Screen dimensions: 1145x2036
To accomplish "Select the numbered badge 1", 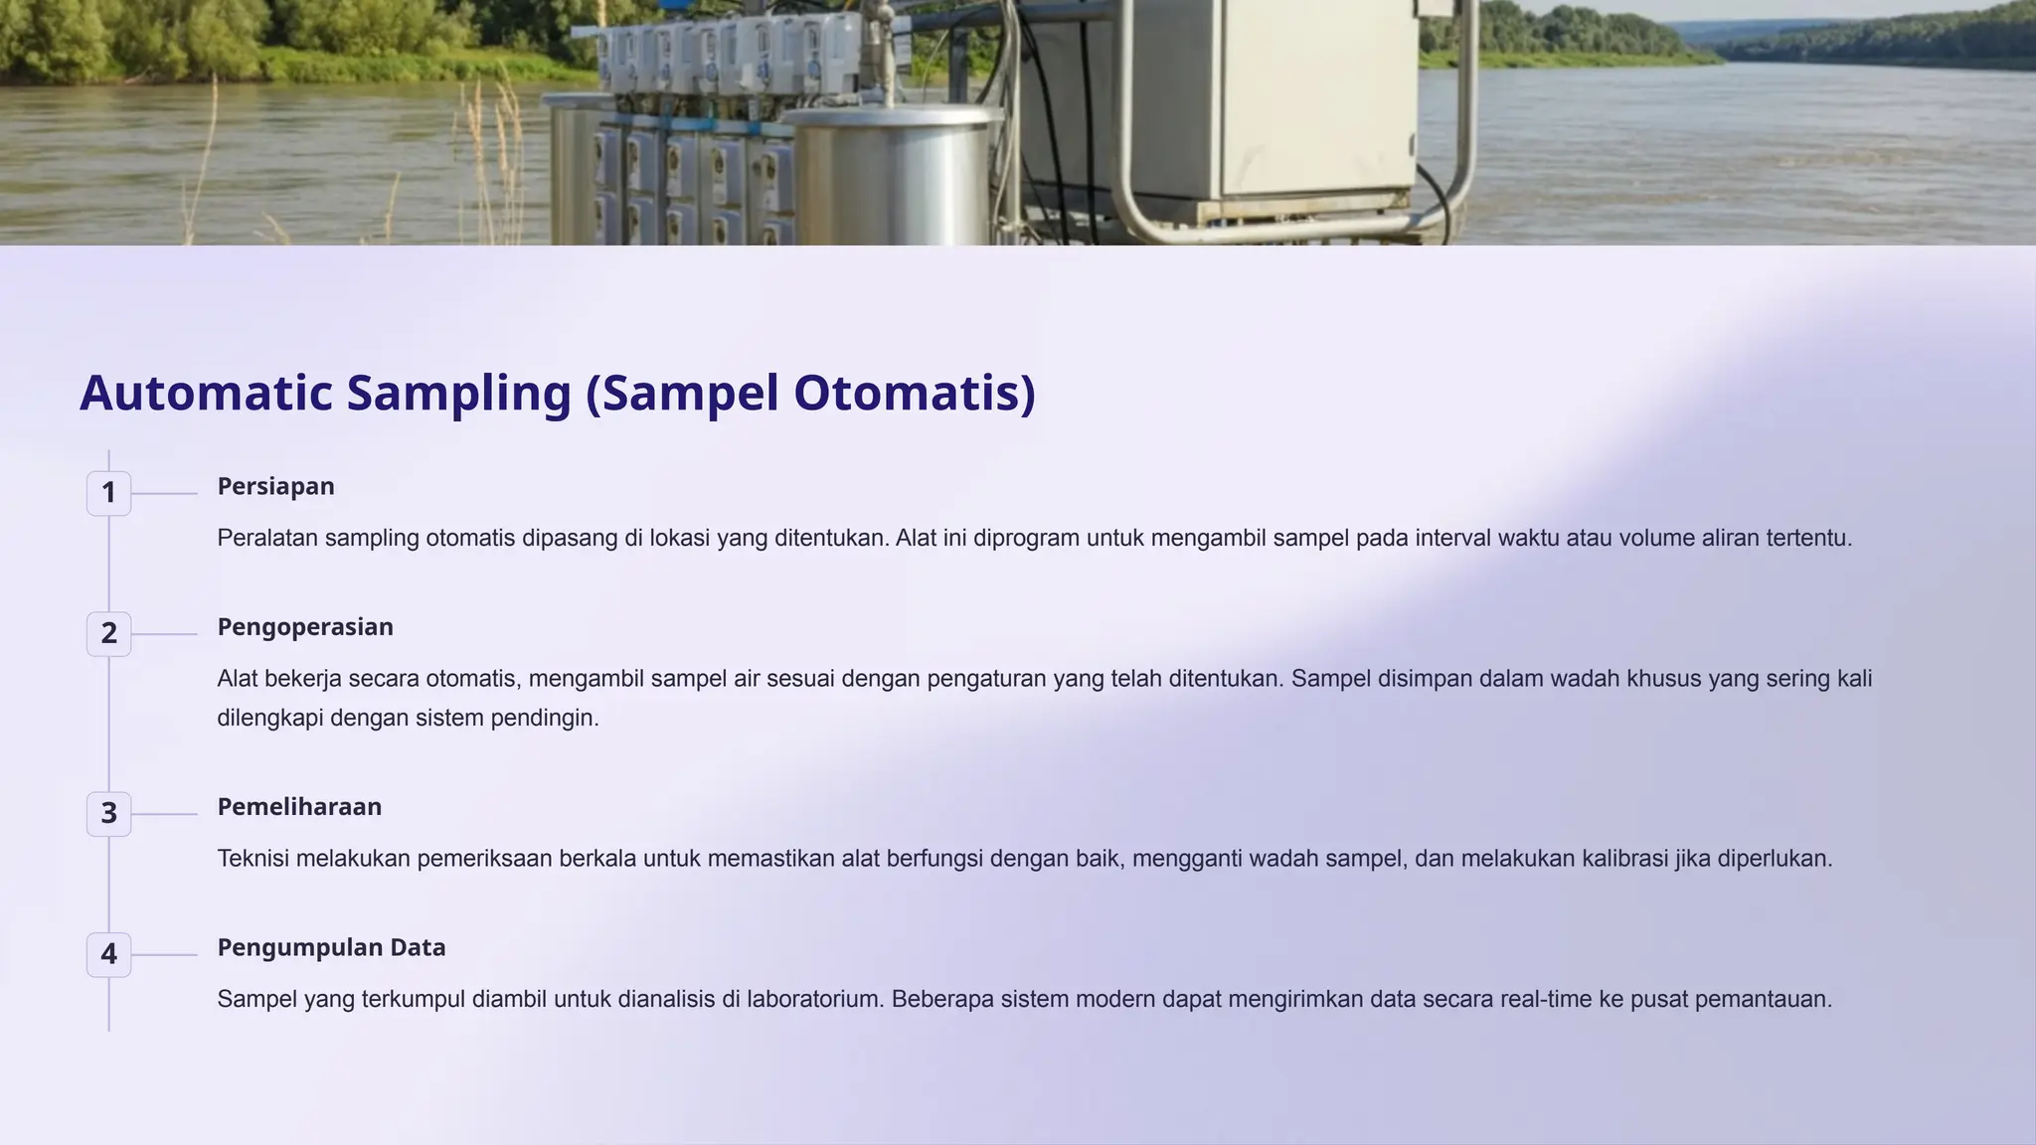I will coord(109,493).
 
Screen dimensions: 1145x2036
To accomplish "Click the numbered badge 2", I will coord(109,633).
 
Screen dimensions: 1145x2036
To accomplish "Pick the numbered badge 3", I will coord(109,813).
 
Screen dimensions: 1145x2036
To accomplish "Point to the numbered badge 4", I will coord(109,954).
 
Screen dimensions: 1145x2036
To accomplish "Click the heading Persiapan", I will coord(275,486).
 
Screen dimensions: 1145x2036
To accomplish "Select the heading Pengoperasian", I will coord(305,627).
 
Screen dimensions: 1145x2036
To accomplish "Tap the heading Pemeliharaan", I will coord(299,807).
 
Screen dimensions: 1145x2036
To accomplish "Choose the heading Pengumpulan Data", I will coord(331,947).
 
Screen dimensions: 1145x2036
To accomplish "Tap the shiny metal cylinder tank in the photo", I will coord(895,174).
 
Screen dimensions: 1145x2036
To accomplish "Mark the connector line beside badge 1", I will coord(164,493).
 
